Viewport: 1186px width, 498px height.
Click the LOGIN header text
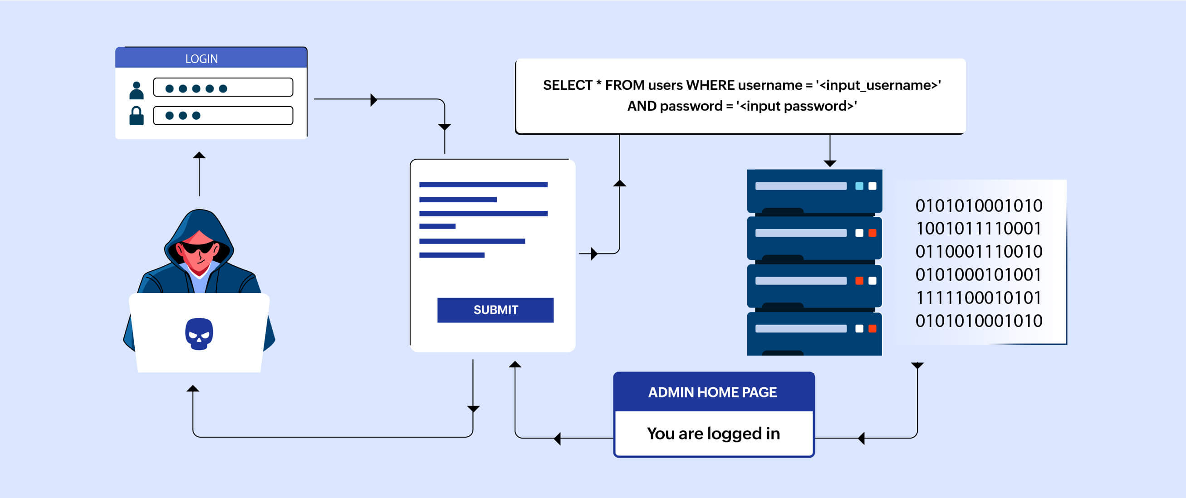[x=201, y=59]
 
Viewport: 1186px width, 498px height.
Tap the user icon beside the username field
[x=136, y=90]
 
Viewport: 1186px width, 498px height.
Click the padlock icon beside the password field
[x=136, y=116]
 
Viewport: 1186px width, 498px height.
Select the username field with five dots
[x=223, y=88]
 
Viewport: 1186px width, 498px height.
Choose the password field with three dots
[x=223, y=116]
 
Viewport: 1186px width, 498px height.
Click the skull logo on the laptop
[x=199, y=334]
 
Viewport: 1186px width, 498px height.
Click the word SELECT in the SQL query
[x=567, y=85]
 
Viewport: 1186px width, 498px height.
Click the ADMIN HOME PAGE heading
[x=712, y=392]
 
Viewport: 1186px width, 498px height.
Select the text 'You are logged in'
[x=713, y=434]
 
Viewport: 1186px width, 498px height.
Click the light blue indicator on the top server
[x=859, y=186]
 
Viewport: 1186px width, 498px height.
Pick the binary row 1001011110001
[x=978, y=229]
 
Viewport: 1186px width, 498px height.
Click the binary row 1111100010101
[x=978, y=298]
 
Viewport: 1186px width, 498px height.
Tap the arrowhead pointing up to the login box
[x=199, y=156]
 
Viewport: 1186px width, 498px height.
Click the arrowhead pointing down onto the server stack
[x=830, y=163]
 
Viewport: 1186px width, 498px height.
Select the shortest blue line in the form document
[x=437, y=226]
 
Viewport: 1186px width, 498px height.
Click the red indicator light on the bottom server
[x=872, y=329]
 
